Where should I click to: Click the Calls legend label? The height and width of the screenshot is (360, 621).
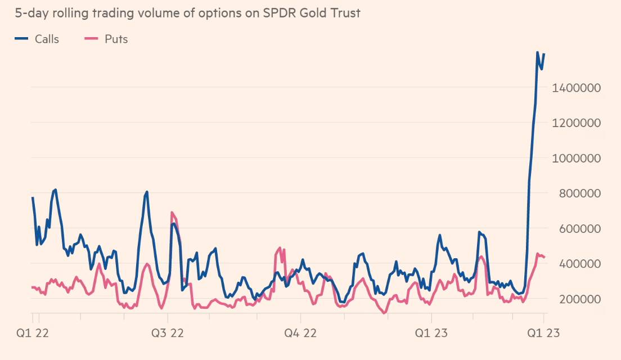click(47, 39)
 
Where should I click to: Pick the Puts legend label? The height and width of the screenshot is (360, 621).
click(116, 39)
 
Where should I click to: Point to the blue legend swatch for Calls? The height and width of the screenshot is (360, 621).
click(22, 39)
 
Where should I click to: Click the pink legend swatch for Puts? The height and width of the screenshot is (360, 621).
click(92, 39)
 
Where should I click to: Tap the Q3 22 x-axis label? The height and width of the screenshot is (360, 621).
click(168, 333)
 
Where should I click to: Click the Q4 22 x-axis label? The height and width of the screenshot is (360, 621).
click(299, 333)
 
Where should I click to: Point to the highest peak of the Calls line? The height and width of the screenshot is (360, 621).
click(537, 52)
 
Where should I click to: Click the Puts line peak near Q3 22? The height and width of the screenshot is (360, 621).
click(172, 213)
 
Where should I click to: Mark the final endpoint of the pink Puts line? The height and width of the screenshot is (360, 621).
click(544, 257)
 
